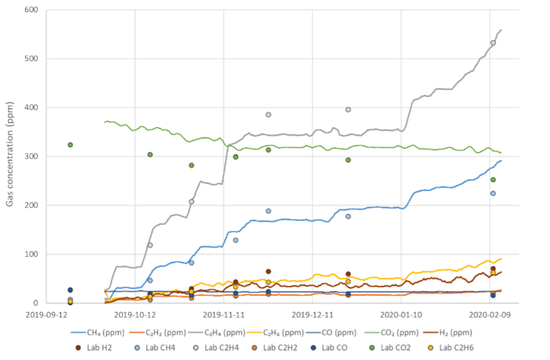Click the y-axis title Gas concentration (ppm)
(x=10, y=156)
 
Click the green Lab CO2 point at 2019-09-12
(x=70, y=144)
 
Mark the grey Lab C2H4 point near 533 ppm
(x=493, y=42)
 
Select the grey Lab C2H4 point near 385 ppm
(x=268, y=114)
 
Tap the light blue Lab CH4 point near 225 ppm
(x=493, y=193)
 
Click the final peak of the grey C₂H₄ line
(x=501, y=30)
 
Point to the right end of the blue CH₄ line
(x=502, y=161)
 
